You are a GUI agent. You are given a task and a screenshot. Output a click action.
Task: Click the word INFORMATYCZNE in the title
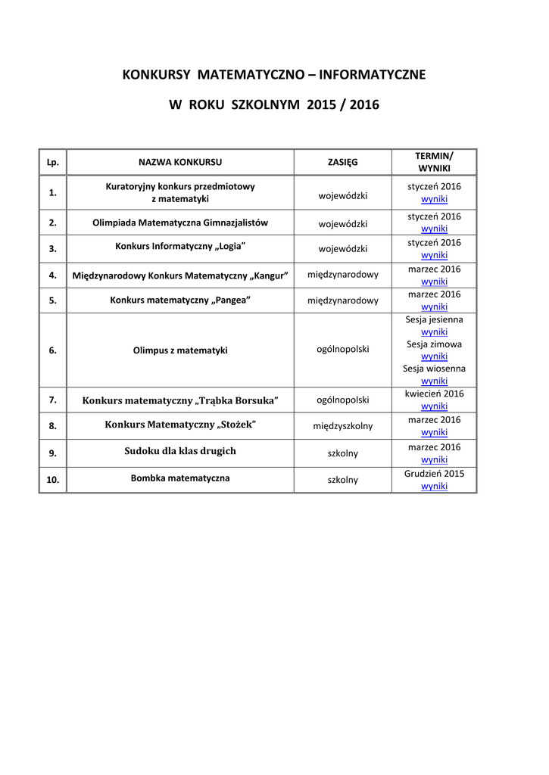click(x=372, y=75)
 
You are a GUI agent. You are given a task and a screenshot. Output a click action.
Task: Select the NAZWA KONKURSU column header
click(x=180, y=162)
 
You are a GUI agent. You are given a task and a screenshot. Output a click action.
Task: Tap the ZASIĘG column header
click(x=342, y=162)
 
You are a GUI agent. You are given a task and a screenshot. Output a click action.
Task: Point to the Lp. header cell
click(x=53, y=162)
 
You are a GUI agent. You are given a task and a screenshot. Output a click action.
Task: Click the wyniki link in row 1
click(x=434, y=199)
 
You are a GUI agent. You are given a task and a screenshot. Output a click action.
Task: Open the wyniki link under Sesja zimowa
click(x=434, y=356)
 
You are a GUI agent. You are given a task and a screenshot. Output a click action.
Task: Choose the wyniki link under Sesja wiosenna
click(x=434, y=381)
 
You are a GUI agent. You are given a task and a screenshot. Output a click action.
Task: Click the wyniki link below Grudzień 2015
click(x=434, y=486)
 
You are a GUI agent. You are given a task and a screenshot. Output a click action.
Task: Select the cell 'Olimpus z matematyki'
click(x=180, y=350)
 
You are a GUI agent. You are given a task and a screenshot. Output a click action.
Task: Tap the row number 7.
click(x=53, y=399)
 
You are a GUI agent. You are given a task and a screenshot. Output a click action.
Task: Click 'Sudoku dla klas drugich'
click(x=180, y=451)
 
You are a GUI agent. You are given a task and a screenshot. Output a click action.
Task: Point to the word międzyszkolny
click(x=342, y=426)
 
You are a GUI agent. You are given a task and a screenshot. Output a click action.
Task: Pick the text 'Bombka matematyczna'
click(x=180, y=478)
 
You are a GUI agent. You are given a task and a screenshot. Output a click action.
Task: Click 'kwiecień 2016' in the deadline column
click(x=434, y=394)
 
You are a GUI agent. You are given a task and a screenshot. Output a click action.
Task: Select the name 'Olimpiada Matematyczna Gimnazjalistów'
click(x=180, y=223)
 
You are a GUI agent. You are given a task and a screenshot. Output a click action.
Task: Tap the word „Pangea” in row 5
click(x=232, y=300)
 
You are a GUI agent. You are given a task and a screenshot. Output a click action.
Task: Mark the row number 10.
click(x=53, y=480)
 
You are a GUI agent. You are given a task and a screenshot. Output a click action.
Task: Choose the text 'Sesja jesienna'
click(x=434, y=319)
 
